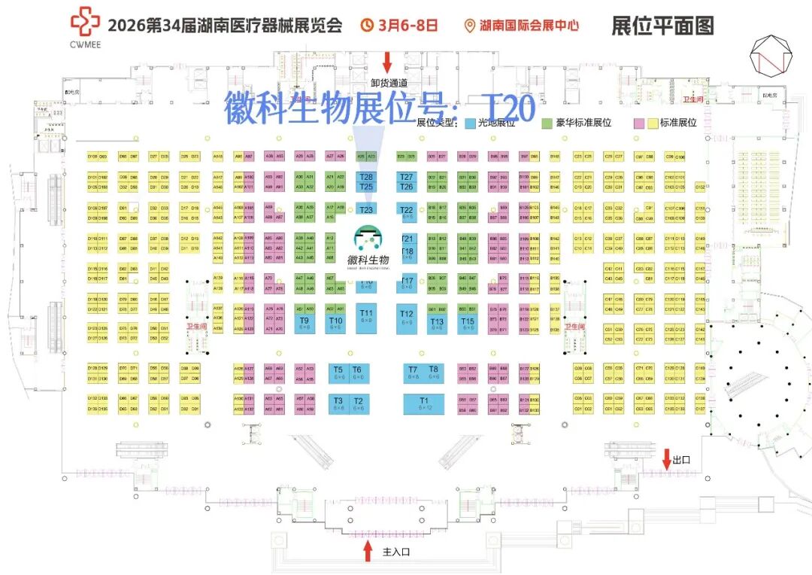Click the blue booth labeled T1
click(423, 403)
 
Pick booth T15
click(468, 324)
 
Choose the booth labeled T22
click(407, 211)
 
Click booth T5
click(338, 372)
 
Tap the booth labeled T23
click(366, 210)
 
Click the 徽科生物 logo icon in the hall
click(368, 239)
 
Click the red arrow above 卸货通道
click(388, 61)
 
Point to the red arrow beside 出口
click(666, 458)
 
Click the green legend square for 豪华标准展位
click(548, 123)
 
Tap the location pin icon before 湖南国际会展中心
click(471, 26)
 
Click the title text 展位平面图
click(662, 25)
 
